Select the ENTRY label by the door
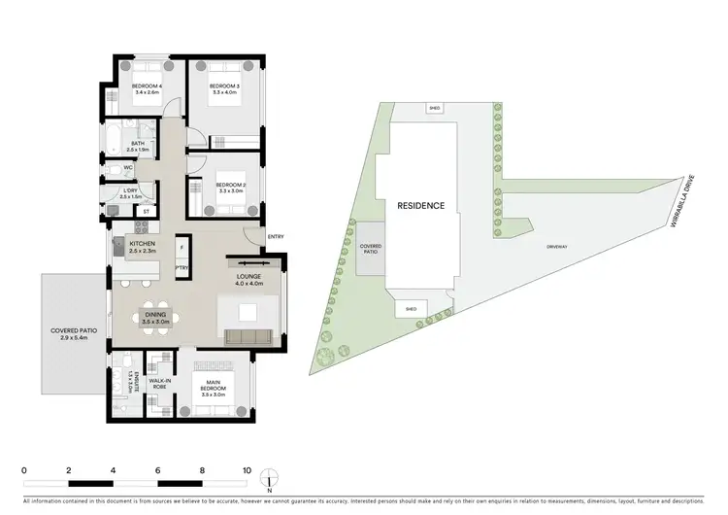pos(276,236)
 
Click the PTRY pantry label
pos(182,268)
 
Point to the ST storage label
pos(147,211)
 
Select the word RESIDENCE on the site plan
pos(420,206)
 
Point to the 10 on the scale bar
pos(247,469)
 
